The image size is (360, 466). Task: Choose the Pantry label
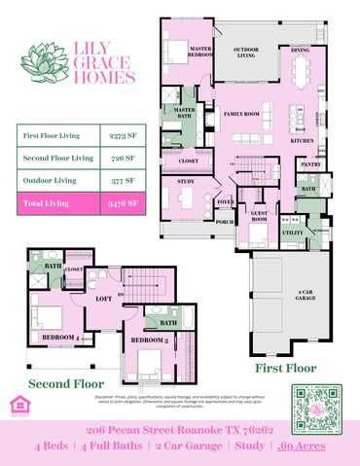(311, 164)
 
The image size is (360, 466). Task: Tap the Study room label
(186, 181)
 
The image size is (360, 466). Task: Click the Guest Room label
(260, 216)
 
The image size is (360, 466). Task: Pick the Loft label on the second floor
(104, 300)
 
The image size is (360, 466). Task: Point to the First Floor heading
(286, 369)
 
